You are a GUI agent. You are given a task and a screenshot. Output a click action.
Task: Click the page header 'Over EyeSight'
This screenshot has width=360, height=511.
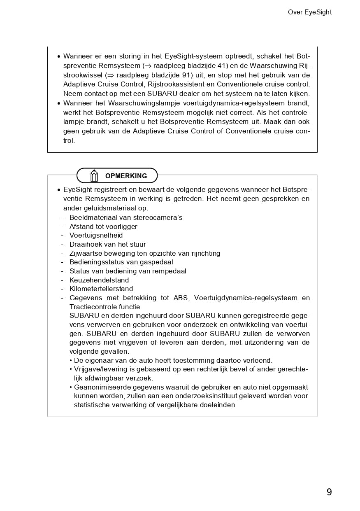point(309,12)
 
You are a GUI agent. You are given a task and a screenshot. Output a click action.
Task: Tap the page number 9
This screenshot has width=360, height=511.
point(329,492)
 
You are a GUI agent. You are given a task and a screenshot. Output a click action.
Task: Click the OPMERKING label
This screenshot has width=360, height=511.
point(126,176)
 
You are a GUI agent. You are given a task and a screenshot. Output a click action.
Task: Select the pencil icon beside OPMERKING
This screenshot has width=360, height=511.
point(94,176)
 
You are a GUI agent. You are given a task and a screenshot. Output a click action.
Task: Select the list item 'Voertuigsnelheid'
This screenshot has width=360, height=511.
point(96,236)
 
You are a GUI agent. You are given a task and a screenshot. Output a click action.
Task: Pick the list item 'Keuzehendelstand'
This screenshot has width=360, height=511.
point(99,280)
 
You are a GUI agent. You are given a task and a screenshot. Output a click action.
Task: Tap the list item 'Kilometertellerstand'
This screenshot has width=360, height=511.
point(101,289)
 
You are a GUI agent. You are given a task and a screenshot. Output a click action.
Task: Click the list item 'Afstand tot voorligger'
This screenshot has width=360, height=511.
point(103,226)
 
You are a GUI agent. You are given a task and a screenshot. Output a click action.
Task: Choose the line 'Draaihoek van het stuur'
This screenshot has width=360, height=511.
point(107,245)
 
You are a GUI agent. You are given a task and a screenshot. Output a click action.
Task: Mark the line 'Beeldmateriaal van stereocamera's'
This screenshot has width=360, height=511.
point(125,217)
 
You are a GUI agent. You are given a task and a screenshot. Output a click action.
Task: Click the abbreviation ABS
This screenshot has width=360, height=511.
point(181,298)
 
